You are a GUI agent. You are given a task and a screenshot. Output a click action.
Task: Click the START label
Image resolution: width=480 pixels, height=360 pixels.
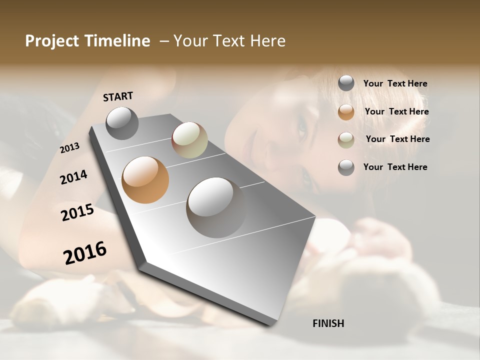[x=118, y=96]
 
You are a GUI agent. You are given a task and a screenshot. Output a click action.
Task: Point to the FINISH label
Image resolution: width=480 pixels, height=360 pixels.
[x=328, y=323]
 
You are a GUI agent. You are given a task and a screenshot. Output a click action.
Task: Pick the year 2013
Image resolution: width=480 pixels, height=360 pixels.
[x=70, y=148]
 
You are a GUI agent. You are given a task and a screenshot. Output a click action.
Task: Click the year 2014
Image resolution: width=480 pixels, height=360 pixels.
[x=73, y=177]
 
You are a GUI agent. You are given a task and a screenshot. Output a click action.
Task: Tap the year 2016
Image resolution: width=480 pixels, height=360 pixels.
[x=85, y=252]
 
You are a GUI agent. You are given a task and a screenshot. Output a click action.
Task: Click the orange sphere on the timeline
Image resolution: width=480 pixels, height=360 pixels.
[x=145, y=180]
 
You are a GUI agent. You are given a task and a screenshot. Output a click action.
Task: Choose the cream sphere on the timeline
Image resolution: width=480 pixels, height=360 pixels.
[x=189, y=140]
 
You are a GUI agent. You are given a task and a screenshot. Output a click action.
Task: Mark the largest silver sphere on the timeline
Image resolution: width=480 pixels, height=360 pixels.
[x=216, y=207]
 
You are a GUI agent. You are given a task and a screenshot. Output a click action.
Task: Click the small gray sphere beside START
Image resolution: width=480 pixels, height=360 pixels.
[x=122, y=123]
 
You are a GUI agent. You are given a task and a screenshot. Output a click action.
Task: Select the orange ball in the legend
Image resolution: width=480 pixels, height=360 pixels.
[x=346, y=112]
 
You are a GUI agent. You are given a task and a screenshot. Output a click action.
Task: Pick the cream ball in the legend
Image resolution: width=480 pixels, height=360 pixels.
[x=346, y=140]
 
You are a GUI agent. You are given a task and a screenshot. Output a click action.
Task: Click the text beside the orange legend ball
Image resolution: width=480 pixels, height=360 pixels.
[x=396, y=111]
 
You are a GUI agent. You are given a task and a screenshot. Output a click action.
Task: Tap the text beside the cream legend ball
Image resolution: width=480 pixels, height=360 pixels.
[x=397, y=139]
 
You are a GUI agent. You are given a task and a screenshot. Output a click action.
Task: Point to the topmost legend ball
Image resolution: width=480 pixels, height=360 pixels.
[x=346, y=83]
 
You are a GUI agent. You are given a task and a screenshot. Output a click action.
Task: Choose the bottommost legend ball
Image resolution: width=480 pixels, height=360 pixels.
[x=346, y=167]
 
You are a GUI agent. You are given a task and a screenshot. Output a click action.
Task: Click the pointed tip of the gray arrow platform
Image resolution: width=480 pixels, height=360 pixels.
[x=272, y=324]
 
